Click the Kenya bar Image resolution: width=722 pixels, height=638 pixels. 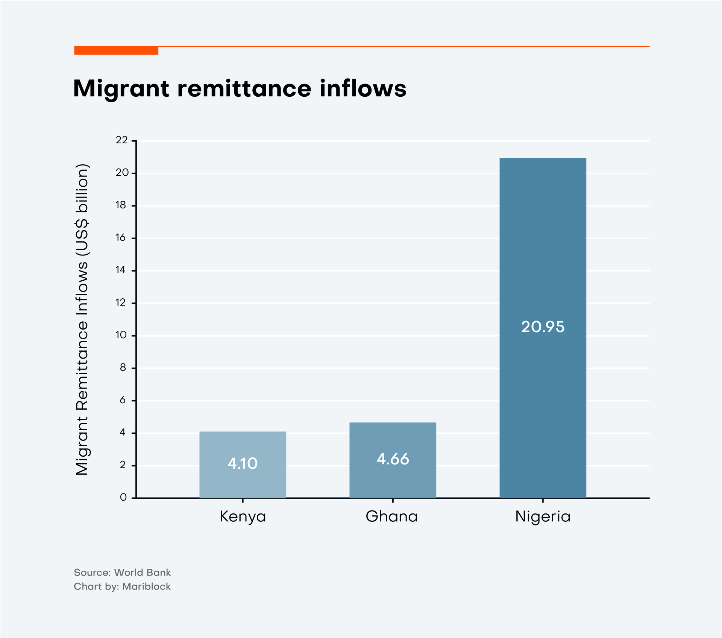243,444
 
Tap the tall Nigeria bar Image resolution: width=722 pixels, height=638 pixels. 543,245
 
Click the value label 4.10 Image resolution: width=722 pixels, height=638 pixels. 243,463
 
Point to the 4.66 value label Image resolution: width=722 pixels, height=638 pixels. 393,459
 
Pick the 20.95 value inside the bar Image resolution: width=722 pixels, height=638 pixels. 543,327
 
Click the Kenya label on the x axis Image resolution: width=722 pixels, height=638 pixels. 243,516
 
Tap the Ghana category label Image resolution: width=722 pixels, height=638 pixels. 392,516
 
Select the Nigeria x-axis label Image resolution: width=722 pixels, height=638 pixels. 543,516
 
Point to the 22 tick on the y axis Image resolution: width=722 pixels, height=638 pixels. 122,140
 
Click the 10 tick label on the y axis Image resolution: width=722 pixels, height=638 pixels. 121,335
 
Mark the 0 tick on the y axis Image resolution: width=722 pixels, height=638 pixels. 123,497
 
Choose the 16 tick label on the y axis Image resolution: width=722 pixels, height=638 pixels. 121,238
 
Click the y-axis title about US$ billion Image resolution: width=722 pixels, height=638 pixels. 82,320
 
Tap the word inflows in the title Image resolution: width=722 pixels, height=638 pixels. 363,89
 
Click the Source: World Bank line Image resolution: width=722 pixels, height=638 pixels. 122,573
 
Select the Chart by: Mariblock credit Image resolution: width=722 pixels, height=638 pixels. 122,586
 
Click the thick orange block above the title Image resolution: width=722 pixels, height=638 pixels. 116,50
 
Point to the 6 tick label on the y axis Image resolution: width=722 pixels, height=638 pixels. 123,400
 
